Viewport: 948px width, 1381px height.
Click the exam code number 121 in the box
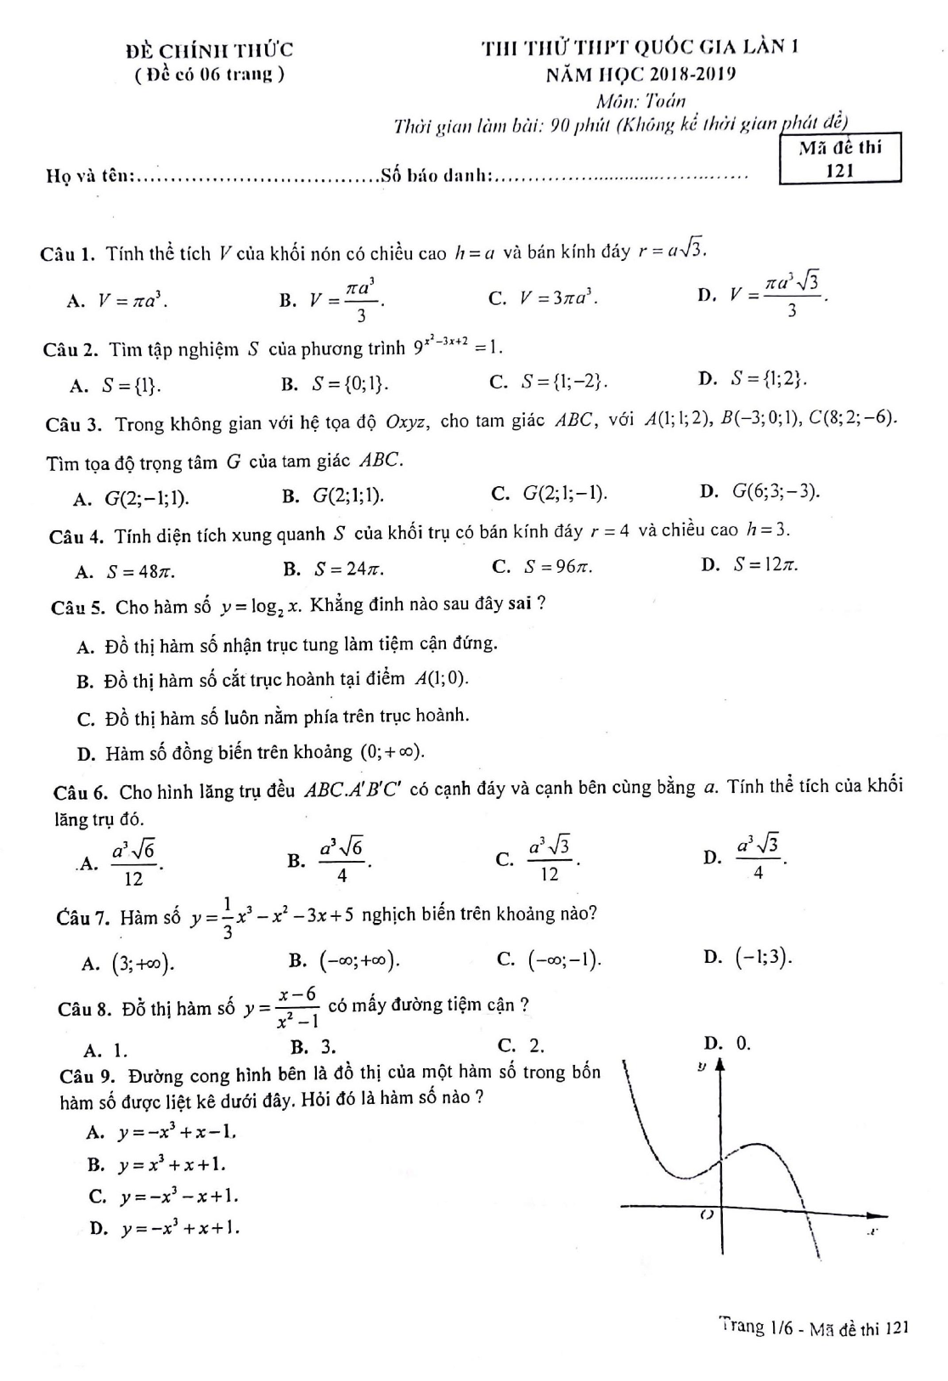839,170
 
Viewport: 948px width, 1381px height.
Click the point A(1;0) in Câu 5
442,678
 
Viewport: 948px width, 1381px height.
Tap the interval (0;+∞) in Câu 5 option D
392,752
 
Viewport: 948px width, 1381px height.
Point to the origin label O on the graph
705,1216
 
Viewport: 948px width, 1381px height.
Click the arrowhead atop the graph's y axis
720,1064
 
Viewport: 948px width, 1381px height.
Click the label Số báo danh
437,176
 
